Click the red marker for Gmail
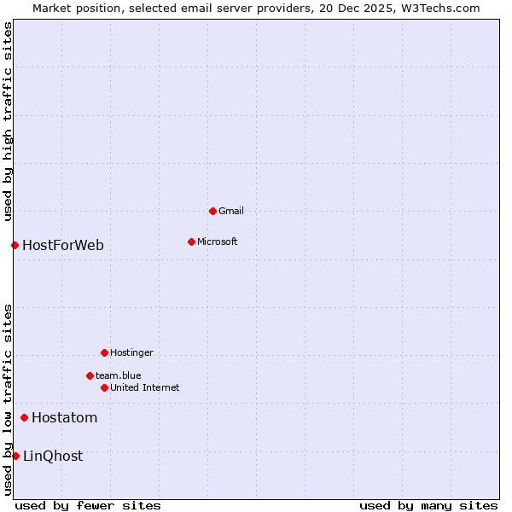click(212, 211)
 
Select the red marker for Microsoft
click(191, 241)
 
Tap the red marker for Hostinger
click(104, 352)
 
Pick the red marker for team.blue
click(90, 375)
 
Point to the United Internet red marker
click(104, 387)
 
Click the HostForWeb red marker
click(15, 246)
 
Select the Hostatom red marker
click(24, 417)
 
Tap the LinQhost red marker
click(15, 456)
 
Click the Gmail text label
click(231, 211)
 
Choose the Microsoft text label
click(218, 241)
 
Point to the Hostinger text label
click(131, 352)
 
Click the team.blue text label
click(119, 375)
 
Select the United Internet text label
click(145, 387)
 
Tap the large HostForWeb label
click(63, 246)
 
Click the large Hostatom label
click(65, 417)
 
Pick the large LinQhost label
click(53, 456)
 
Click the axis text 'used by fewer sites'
click(88, 505)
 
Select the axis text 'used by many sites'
click(428, 505)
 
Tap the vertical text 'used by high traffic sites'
click(8, 121)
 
